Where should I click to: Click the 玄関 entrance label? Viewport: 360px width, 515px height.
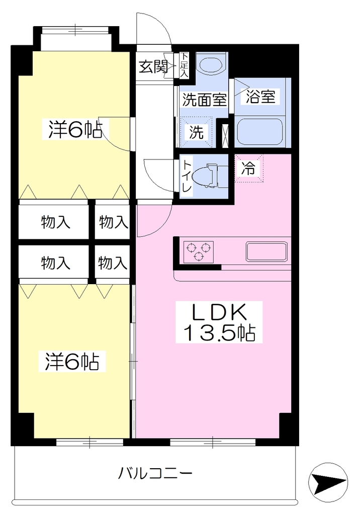[153, 67]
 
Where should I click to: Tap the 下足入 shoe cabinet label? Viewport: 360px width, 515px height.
[184, 65]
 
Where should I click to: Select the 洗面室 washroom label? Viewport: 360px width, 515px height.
[204, 99]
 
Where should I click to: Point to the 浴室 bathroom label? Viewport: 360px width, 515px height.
[260, 97]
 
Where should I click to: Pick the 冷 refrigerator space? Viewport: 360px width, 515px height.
[249, 168]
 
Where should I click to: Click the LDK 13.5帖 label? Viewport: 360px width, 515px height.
[219, 322]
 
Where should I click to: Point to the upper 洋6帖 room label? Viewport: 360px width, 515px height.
[75, 129]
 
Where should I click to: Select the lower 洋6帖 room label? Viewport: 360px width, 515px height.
[72, 361]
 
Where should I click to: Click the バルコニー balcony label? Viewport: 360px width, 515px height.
[155, 474]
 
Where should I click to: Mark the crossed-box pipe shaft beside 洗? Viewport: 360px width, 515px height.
[226, 136]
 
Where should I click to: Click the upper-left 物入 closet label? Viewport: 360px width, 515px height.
[55, 223]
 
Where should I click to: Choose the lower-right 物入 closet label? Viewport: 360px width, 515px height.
[113, 263]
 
